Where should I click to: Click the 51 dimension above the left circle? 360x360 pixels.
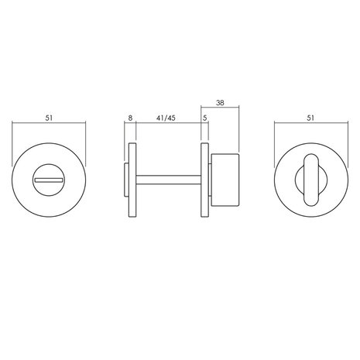coord(49,118)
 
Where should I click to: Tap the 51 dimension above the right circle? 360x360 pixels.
coord(310,118)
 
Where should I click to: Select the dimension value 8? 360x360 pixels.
coord(130,118)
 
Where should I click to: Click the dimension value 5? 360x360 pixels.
coord(204,118)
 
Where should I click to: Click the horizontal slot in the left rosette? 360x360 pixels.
coord(49,180)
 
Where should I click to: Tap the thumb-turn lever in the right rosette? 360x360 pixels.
coord(310,179)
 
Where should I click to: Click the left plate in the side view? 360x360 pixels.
coord(134,180)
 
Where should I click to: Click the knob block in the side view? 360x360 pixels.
coord(225,180)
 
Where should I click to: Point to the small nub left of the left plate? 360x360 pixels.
coord(127,180)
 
